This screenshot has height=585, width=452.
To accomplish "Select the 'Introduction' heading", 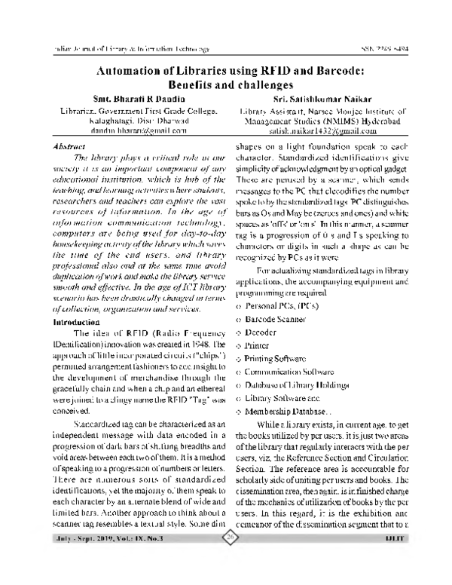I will pyautogui.click(x=80, y=322).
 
